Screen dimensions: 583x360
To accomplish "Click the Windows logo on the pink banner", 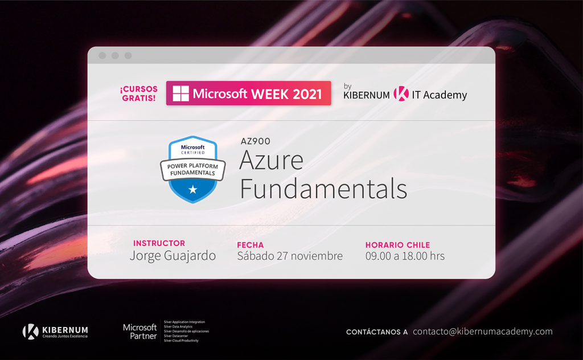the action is pos(180,93).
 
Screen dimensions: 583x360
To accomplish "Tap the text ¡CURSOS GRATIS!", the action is pos(139,94).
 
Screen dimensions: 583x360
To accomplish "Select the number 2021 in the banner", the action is pos(307,94).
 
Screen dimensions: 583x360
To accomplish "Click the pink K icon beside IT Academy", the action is pos(401,94).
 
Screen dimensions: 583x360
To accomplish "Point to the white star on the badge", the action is pos(192,190).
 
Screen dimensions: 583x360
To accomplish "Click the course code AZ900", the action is pos(256,141).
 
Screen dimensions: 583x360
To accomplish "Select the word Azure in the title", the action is pos(271,160).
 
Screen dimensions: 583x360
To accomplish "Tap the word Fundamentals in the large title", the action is pos(323,189).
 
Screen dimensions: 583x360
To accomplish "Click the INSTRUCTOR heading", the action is pos(159,243).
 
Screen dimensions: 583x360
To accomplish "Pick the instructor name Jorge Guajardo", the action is pos(173,256).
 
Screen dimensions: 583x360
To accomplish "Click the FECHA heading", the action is pos(251,245).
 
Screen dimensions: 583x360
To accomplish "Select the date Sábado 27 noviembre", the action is pos(290,256).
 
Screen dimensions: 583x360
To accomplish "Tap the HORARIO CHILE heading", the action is pos(397,245).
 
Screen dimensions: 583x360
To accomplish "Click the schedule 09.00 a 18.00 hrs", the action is pos(405,256).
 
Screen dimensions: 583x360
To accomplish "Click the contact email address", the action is pos(483,332).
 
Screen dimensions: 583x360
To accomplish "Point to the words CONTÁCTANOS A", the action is pos(377,332).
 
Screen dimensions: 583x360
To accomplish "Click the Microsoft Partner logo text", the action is pos(140,332).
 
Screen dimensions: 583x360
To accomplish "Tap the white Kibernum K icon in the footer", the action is pos(31,332).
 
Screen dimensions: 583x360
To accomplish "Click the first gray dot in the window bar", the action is pos(102,55).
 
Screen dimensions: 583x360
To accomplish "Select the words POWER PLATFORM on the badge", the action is pos(192,166).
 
